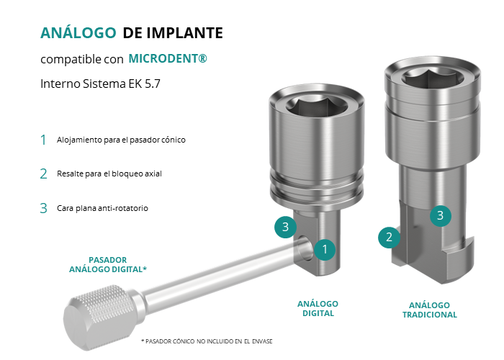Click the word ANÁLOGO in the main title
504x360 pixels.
(x=78, y=32)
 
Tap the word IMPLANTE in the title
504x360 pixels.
(x=185, y=33)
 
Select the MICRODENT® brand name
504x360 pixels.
(x=168, y=58)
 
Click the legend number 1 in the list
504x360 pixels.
(x=43, y=140)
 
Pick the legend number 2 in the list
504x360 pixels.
(x=44, y=174)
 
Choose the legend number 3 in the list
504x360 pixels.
(x=44, y=208)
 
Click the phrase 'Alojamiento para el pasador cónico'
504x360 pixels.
(x=121, y=140)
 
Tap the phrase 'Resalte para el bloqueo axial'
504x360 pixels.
(x=109, y=174)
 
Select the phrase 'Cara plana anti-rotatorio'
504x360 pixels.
(x=102, y=208)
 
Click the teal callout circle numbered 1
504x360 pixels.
(x=325, y=249)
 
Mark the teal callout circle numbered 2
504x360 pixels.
(x=390, y=237)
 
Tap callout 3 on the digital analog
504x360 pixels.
(x=285, y=227)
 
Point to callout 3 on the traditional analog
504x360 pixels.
(x=441, y=216)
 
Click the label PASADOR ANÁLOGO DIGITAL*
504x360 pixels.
(x=108, y=264)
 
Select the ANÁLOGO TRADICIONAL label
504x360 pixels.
(x=430, y=310)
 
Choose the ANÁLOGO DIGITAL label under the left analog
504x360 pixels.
(x=318, y=309)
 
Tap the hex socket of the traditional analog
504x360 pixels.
(x=433, y=77)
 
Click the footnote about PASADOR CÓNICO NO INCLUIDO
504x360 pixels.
(x=207, y=341)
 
